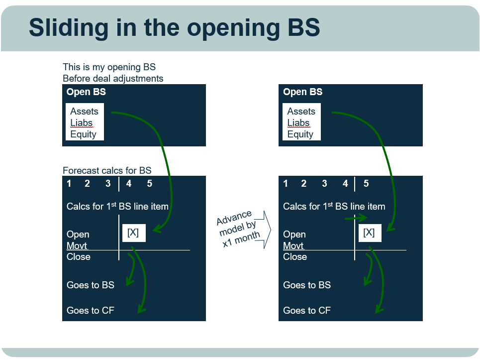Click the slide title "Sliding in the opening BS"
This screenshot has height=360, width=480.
point(175,27)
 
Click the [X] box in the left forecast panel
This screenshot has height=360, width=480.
point(134,233)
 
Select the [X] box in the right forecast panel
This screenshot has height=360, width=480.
point(370,233)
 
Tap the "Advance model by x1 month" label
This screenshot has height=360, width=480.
point(238,229)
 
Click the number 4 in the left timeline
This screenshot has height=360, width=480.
point(129,184)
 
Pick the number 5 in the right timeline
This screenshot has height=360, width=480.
point(366,184)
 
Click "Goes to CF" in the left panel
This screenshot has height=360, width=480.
point(91,310)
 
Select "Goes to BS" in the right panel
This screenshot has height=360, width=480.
point(307,285)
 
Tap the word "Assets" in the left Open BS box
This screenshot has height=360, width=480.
point(84,111)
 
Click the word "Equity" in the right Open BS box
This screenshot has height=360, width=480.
point(300,134)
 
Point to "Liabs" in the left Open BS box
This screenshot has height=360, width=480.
point(82,122)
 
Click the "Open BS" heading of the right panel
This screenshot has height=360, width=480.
point(303,92)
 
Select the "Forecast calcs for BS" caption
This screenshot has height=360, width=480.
point(107,170)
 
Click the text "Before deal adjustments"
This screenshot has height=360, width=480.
point(113,79)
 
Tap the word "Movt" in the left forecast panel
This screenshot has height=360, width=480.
point(77,245)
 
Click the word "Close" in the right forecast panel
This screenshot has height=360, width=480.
point(295,256)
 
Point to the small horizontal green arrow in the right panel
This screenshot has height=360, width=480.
point(356,218)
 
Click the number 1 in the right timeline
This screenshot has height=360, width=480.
point(286,184)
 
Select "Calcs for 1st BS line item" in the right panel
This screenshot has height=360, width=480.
point(334,206)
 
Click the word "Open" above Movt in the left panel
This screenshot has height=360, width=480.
point(78,235)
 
